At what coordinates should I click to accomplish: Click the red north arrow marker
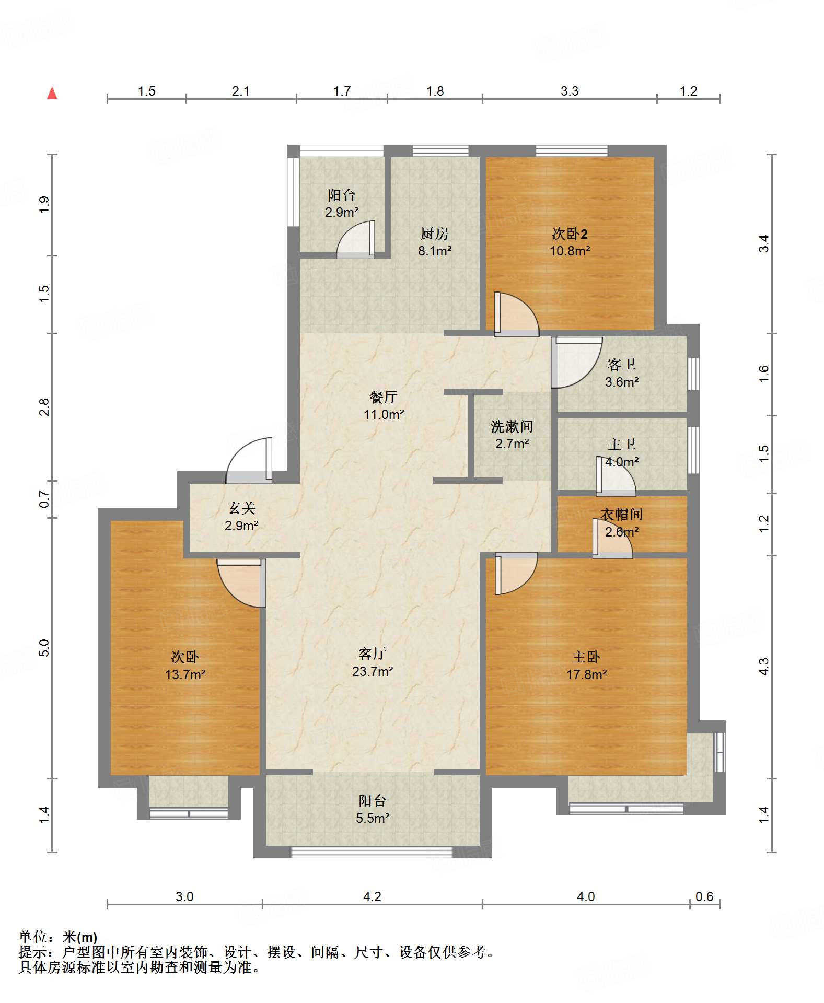click(52, 93)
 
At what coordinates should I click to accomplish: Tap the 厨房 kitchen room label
click(435, 234)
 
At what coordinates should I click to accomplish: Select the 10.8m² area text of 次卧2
click(570, 251)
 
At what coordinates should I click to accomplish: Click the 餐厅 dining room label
click(384, 397)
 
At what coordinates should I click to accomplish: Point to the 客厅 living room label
click(373, 654)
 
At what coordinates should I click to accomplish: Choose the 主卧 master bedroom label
click(586, 657)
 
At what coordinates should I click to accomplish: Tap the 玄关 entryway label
click(241, 508)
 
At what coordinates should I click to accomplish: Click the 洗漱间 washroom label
click(512, 427)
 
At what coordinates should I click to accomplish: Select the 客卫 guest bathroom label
click(622, 364)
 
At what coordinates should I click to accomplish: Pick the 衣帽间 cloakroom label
click(622, 514)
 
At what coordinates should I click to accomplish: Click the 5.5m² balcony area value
click(373, 818)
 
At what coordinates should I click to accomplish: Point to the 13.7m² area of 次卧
click(185, 674)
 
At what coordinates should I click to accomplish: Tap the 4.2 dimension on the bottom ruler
click(372, 896)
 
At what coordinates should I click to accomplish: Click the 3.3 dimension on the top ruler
click(570, 91)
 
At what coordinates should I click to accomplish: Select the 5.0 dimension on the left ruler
click(44, 648)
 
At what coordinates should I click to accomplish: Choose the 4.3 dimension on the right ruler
click(764, 667)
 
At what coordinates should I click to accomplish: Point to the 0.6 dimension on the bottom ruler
click(704, 896)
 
